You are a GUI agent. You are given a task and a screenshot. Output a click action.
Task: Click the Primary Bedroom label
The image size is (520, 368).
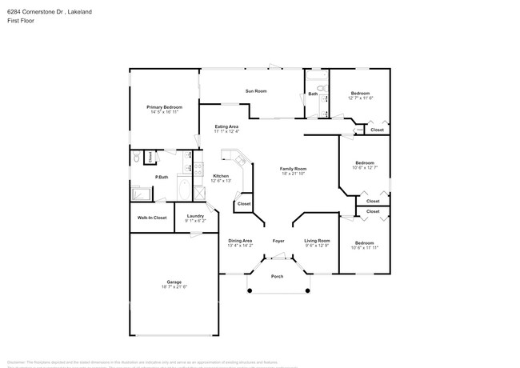point(163,107)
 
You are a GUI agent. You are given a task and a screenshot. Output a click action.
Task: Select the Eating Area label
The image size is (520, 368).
point(226,126)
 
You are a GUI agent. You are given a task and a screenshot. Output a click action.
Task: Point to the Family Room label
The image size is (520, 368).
point(293,169)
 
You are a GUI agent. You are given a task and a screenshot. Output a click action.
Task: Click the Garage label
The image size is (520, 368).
point(174,282)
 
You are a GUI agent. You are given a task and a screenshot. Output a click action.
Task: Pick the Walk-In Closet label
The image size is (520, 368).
point(152,218)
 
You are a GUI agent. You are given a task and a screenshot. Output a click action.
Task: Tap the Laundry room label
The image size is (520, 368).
point(195,216)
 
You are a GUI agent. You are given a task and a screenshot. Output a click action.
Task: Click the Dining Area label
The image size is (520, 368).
point(240,241)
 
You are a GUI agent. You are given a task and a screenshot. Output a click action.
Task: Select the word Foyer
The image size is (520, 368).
point(278,241)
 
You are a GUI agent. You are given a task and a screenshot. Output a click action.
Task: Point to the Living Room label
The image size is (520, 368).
point(317,241)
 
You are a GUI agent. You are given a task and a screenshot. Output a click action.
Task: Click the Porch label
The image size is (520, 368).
point(277,277)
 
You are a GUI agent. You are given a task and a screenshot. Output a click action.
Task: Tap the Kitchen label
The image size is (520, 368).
point(220,176)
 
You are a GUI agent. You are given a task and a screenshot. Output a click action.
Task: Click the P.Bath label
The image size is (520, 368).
point(161,177)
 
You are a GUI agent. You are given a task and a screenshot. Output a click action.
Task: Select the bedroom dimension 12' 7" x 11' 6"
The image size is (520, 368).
point(361,98)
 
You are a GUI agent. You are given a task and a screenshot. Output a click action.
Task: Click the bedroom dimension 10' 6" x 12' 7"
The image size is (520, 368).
point(365,168)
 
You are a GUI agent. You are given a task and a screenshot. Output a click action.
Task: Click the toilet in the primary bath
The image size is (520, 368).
point(137,158)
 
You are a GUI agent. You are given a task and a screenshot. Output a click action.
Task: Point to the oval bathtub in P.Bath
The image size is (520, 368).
point(183,191)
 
